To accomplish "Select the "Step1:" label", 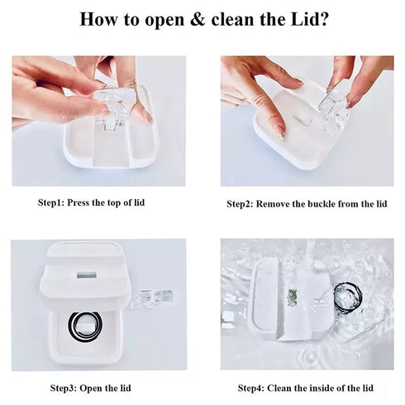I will pos(55,201).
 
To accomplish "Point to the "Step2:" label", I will pos(245,202).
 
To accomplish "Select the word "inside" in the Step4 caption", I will pos(322,387).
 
